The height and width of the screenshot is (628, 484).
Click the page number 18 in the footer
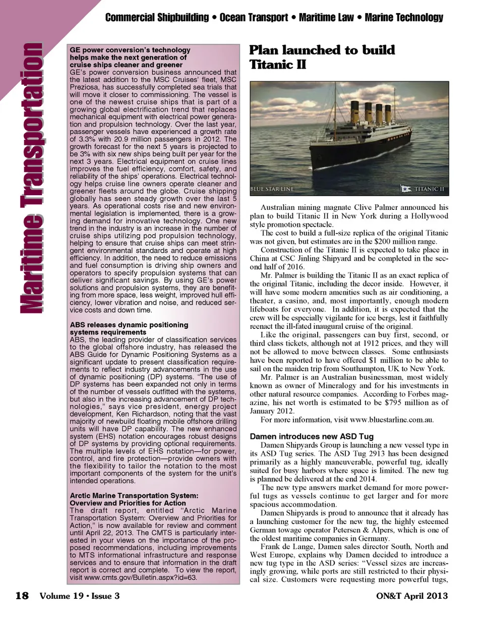pos(22,596)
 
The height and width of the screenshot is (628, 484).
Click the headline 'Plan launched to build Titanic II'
pos(322,57)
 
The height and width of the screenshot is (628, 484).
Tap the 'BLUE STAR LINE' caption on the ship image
pos(273,189)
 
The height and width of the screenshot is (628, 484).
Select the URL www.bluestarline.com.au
pos(391,420)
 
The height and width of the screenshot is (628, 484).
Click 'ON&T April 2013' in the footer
pos(412,596)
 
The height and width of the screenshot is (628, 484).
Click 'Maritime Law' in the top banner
pos(326,18)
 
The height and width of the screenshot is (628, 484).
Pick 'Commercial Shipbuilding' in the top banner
pos(157,18)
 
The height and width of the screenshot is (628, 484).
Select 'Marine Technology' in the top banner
pos(404,18)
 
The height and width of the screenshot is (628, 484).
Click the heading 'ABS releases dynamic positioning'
pos(129,325)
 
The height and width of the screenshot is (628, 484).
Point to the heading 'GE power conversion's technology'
pos(130,50)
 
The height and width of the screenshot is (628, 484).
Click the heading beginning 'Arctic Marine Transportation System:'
pos(134,496)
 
